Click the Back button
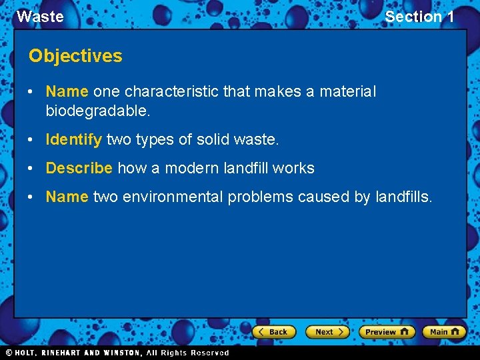[x=273, y=331]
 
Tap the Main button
[x=444, y=331]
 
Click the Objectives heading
[x=75, y=56]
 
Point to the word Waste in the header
[x=40, y=17]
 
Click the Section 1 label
[x=419, y=17]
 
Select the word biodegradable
[x=98, y=111]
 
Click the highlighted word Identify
[x=73, y=140]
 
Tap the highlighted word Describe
[x=79, y=168]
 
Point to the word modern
[x=193, y=168]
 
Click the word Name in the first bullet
[x=67, y=91]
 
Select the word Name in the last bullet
[x=67, y=197]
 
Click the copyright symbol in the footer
[x=9, y=353]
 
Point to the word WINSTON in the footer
[x=119, y=353]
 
